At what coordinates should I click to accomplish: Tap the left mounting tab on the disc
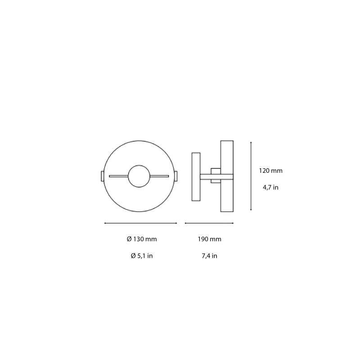tap(102, 176)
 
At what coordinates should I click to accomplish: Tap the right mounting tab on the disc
tap(175, 176)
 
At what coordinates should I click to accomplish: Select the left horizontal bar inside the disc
tap(118, 176)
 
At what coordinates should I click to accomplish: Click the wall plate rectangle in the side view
tap(196, 176)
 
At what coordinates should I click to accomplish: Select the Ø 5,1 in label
tap(142, 256)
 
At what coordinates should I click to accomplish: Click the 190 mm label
tap(210, 239)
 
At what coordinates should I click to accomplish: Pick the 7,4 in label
tap(210, 256)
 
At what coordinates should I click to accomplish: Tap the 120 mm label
tap(270, 171)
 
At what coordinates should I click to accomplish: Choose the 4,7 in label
tap(270, 187)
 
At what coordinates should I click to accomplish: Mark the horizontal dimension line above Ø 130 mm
tap(140, 223)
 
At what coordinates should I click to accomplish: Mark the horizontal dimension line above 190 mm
tap(209, 223)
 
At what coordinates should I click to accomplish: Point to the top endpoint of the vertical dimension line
tap(251, 143)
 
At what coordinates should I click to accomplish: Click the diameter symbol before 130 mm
tap(129, 239)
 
